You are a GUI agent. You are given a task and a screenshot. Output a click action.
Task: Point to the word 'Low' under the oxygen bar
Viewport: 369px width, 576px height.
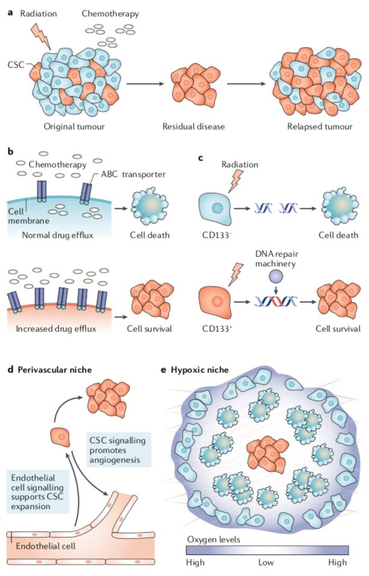(266, 562)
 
